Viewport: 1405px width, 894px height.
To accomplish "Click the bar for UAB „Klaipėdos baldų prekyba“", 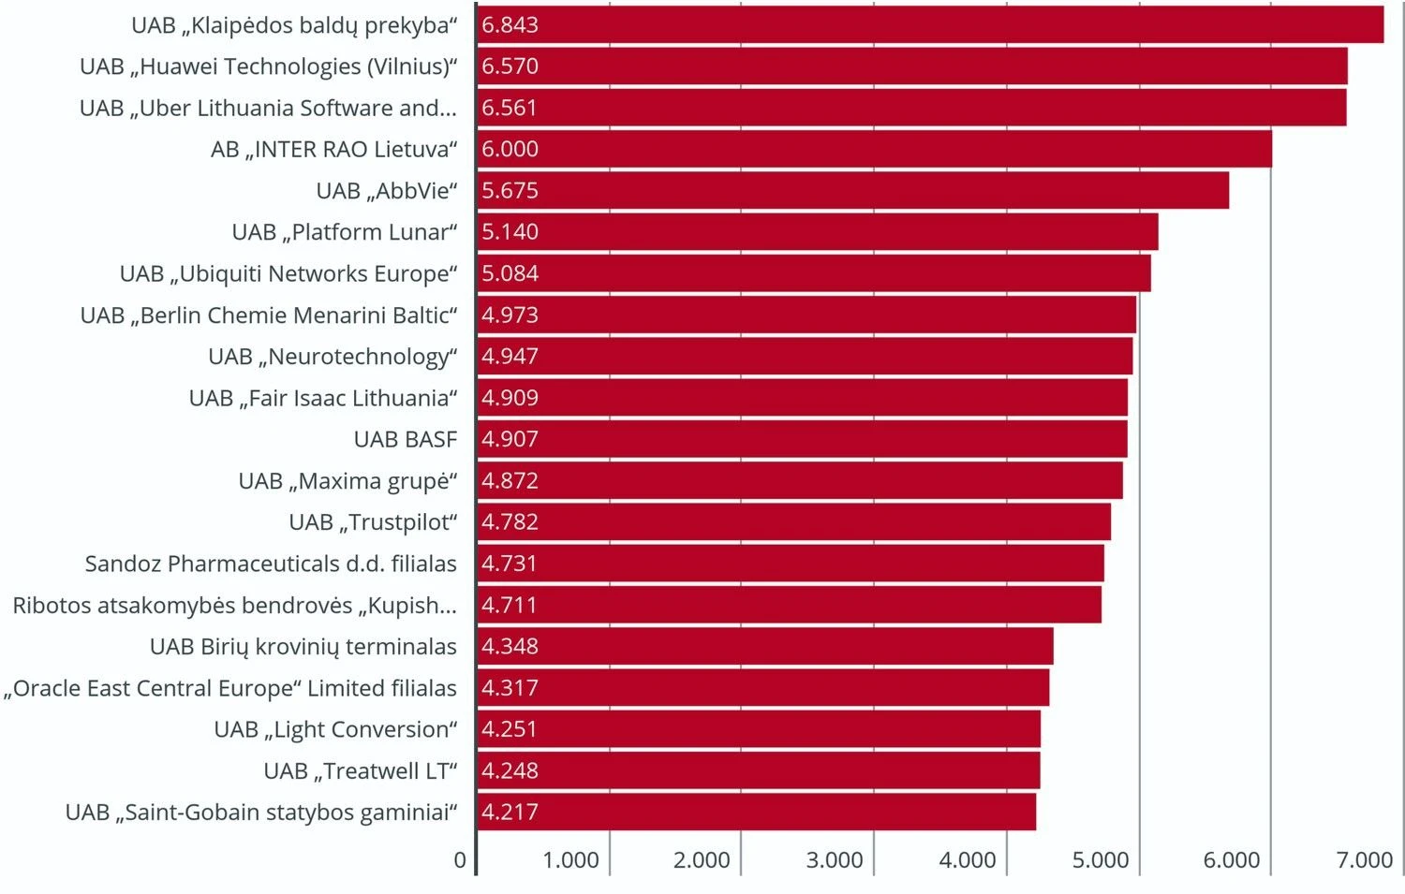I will pos(930,25).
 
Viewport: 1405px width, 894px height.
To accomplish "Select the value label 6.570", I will pos(510,66).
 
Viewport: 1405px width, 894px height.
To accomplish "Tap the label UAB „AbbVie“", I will pos(386,191).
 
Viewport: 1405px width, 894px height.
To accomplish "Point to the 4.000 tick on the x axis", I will pos(967,860).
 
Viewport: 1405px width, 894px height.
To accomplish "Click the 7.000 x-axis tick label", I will pos(1364,860).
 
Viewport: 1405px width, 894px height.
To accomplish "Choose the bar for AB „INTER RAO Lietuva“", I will pos(874,150).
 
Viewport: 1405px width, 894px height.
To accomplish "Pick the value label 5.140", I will pos(510,232).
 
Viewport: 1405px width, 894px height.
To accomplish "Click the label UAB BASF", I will pos(405,440).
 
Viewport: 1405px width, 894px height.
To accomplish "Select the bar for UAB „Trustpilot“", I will pos(793,522).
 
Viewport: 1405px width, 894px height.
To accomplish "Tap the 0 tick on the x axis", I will pos(460,860).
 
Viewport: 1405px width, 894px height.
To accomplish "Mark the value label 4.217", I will pos(510,813).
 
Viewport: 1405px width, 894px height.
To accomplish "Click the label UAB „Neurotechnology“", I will pos(333,357).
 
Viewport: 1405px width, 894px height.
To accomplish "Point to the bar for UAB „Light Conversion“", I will pos(759,729).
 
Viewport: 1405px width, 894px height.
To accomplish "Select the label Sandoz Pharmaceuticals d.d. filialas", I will pos(271,564).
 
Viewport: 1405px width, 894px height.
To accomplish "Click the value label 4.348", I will pos(510,647).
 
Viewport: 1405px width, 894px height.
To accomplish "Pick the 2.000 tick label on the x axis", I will pos(702,860).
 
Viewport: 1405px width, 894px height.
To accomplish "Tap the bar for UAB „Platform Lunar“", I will pos(817,232).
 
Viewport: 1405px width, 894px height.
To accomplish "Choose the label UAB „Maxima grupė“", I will pos(348,481).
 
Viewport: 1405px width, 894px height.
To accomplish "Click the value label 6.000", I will pos(510,150).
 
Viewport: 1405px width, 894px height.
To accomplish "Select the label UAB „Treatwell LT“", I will pos(360,771).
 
